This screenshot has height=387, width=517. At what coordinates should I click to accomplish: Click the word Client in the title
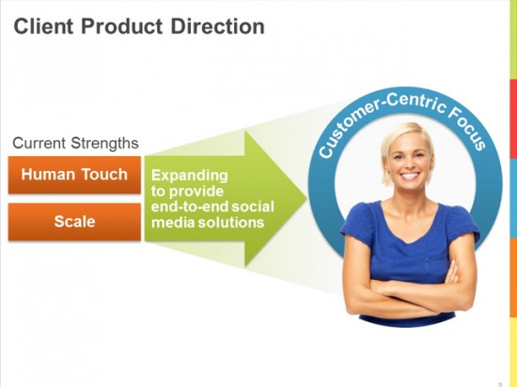click(43, 26)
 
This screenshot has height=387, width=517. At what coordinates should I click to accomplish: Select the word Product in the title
click(121, 26)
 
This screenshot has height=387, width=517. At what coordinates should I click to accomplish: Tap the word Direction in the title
click(218, 26)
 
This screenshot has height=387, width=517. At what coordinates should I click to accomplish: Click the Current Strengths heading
click(75, 144)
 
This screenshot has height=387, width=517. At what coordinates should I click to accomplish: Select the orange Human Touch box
click(74, 175)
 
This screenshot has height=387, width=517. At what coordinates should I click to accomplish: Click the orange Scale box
click(74, 222)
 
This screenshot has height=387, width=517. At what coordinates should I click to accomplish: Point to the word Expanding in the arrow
click(190, 176)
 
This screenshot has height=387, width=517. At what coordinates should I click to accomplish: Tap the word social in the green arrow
click(253, 207)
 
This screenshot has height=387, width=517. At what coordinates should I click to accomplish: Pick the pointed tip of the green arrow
click(306, 198)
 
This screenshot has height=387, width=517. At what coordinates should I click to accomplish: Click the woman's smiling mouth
click(410, 176)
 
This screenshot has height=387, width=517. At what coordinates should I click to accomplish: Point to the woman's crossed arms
click(409, 290)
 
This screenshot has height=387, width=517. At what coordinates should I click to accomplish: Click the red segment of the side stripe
click(513, 121)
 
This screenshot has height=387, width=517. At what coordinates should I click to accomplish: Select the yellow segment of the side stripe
click(513, 351)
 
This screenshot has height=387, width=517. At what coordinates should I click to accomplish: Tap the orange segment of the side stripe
click(513, 277)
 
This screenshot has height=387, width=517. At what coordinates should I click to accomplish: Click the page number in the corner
click(500, 384)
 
